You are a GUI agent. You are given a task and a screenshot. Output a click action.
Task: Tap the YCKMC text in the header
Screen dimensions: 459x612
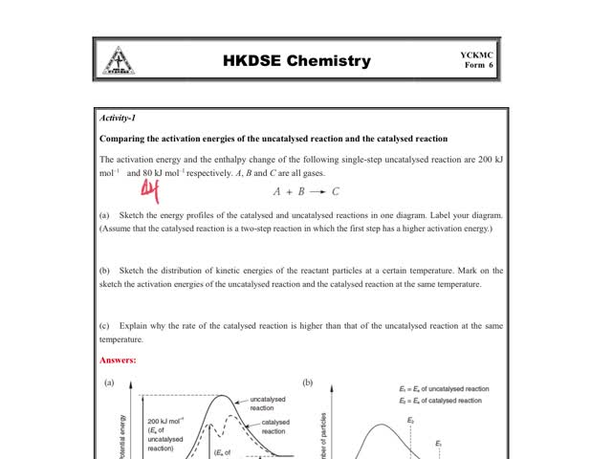click(x=476, y=55)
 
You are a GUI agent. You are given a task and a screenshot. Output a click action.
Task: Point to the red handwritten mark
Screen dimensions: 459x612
click(x=149, y=191)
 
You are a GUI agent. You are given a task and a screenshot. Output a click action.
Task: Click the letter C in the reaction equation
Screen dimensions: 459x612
click(x=336, y=191)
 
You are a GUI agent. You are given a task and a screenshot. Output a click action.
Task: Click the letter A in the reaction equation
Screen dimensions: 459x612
click(x=277, y=191)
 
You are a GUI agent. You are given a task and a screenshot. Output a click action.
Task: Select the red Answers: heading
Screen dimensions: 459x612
click(x=118, y=361)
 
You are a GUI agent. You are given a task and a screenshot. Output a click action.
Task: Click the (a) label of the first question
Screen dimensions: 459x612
click(x=104, y=216)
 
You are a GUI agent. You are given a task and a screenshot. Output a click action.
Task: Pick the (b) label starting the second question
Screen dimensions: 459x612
click(x=104, y=272)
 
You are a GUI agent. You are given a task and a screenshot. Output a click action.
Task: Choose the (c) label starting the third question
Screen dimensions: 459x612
click(x=104, y=327)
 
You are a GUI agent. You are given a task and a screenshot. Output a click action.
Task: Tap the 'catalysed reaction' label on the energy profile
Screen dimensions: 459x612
click(x=275, y=426)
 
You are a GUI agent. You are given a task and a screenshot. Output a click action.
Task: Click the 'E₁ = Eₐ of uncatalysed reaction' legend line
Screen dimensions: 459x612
click(x=444, y=389)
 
